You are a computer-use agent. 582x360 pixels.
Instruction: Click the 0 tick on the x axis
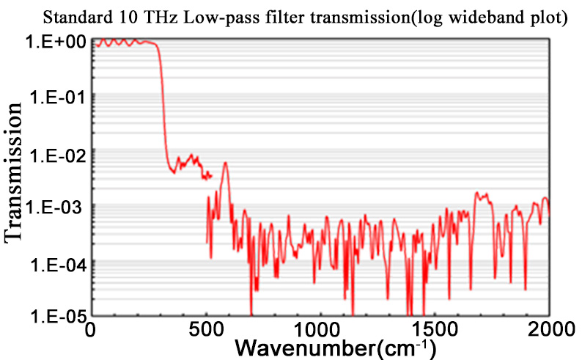click(92, 331)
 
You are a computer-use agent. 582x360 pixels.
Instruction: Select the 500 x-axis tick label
click(206, 331)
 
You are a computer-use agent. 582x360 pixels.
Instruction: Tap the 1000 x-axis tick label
click(320, 331)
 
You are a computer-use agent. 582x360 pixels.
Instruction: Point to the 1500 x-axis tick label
click(435, 331)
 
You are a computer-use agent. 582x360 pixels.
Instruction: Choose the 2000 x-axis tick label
click(548, 331)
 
